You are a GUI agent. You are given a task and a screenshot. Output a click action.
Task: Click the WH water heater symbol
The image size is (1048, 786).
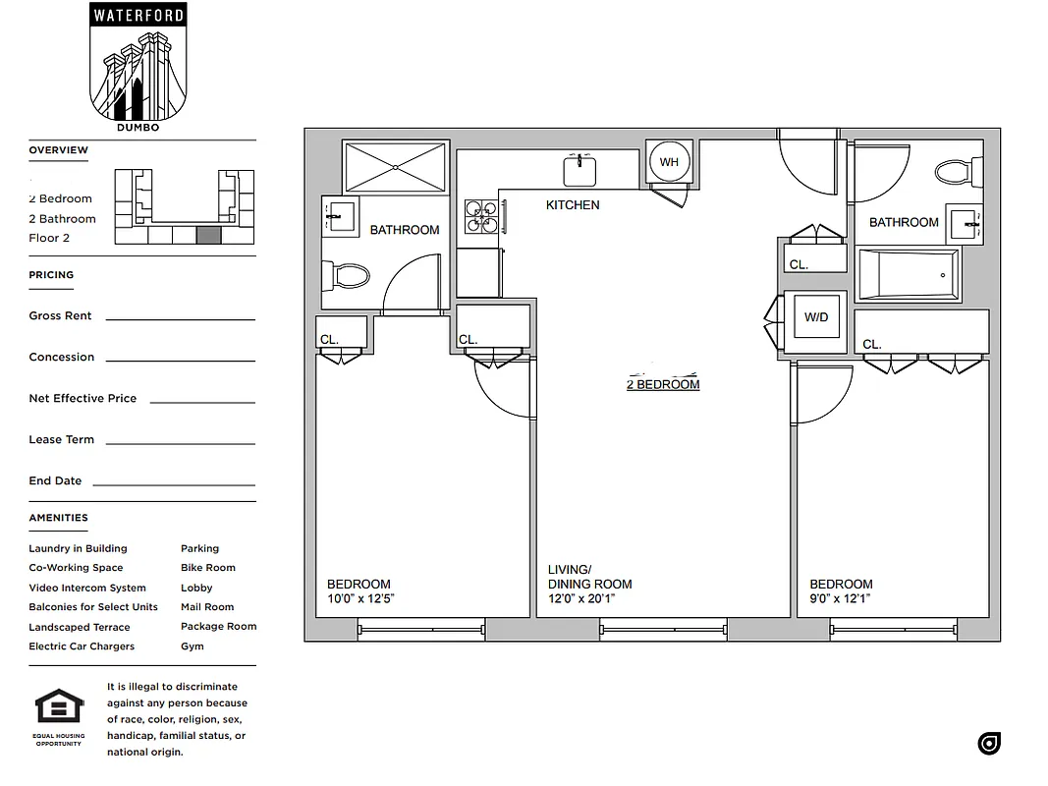coord(669,162)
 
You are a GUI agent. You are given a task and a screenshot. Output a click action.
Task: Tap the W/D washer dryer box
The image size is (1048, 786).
coord(816,317)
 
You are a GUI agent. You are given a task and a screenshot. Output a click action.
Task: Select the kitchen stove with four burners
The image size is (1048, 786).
coord(481,217)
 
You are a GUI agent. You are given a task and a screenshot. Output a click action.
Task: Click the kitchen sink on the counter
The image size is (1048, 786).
coord(580,171)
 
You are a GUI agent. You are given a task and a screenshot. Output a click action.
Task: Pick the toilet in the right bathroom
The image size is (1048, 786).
coord(958,173)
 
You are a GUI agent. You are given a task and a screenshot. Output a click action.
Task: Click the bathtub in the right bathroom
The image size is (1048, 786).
coord(908,275)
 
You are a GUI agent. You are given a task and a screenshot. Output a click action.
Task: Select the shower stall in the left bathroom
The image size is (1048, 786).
coord(395,167)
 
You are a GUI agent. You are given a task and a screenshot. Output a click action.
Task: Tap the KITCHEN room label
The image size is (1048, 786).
coord(573,205)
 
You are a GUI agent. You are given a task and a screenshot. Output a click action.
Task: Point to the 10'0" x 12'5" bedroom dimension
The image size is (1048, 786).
coord(361,598)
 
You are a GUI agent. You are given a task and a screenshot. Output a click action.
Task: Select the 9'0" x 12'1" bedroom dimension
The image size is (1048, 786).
coord(840,598)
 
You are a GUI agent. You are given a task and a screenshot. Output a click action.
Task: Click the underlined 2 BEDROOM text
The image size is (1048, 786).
coord(663,384)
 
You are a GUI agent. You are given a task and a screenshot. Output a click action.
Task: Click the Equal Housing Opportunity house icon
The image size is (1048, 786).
coord(59,706)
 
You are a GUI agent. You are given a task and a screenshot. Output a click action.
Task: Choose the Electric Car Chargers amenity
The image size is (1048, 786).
coord(82,646)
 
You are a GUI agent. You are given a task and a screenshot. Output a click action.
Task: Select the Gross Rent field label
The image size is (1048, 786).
coord(61,316)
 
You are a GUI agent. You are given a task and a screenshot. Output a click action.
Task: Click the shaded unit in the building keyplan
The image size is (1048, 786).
coord(208,235)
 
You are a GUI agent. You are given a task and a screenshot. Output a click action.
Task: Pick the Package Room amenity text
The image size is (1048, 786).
coord(218,627)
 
